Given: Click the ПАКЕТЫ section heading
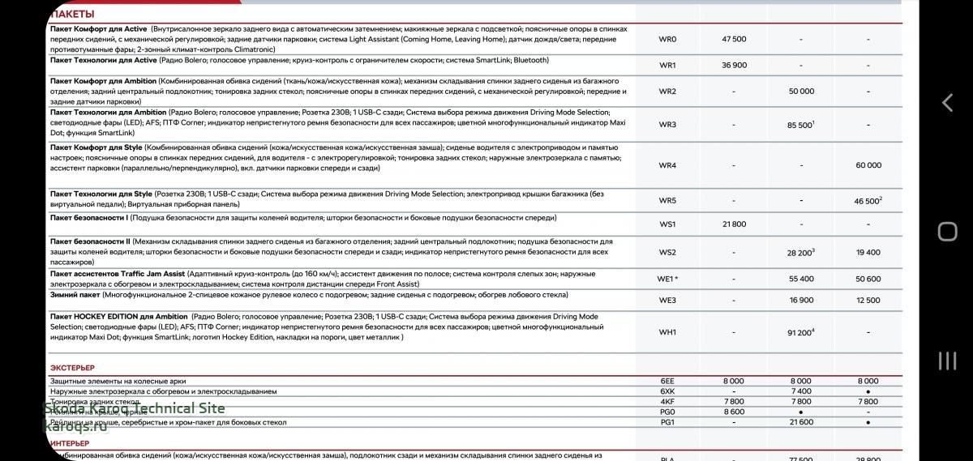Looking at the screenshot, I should pyautogui.click(x=72, y=14).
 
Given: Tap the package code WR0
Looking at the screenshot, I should pyautogui.click(x=667, y=39).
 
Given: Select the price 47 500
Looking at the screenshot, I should pyautogui.click(x=734, y=39).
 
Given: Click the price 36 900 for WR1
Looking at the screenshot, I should pyautogui.click(x=734, y=66).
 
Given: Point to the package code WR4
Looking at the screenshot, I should pyautogui.click(x=667, y=165).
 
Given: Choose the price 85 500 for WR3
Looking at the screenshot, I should pyautogui.click(x=799, y=126).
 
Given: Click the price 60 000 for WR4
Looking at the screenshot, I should pyautogui.click(x=868, y=165).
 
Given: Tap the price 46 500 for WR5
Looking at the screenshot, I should pyautogui.click(x=866, y=201).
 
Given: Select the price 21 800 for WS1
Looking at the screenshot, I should pyautogui.click(x=734, y=224).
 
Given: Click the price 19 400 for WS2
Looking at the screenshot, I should pyautogui.click(x=868, y=253).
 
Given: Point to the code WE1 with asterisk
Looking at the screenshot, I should pyautogui.click(x=667, y=279).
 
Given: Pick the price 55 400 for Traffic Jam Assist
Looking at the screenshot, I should pyautogui.click(x=800, y=279).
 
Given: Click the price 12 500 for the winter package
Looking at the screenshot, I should pyautogui.click(x=868, y=301).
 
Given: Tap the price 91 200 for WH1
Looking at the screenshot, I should pyautogui.click(x=799, y=332).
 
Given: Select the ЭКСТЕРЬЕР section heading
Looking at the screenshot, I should pyautogui.click(x=72, y=368).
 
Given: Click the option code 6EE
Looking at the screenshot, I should pyautogui.click(x=667, y=381).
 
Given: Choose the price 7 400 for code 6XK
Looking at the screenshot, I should pyautogui.click(x=800, y=391).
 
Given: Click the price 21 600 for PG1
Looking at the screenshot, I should pyautogui.click(x=800, y=422).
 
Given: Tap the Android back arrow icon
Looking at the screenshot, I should pyautogui.click(x=947, y=103).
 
